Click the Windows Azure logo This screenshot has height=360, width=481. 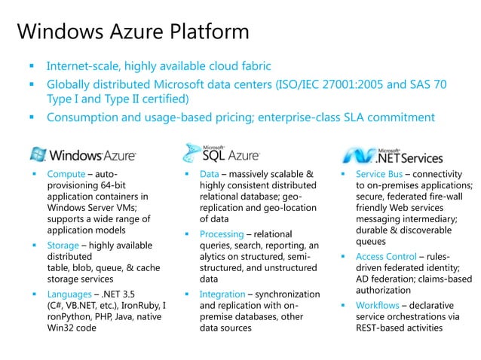pyautogui.click(x=83, y=154)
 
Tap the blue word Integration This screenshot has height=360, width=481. pyautogui.click(x=223, y=294)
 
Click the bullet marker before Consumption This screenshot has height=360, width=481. pyautogui.click(x=32, y=118)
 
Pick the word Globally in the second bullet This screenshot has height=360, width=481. pyautogui.click(x=72, y=84)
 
